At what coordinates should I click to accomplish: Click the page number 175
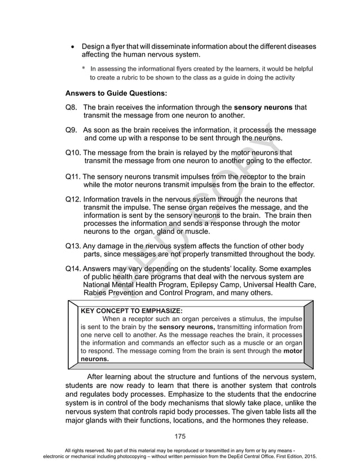(x=179, y=436)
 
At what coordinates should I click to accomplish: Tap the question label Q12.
(x=73, y=199)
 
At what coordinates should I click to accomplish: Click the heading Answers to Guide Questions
(x=116, y=93)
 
